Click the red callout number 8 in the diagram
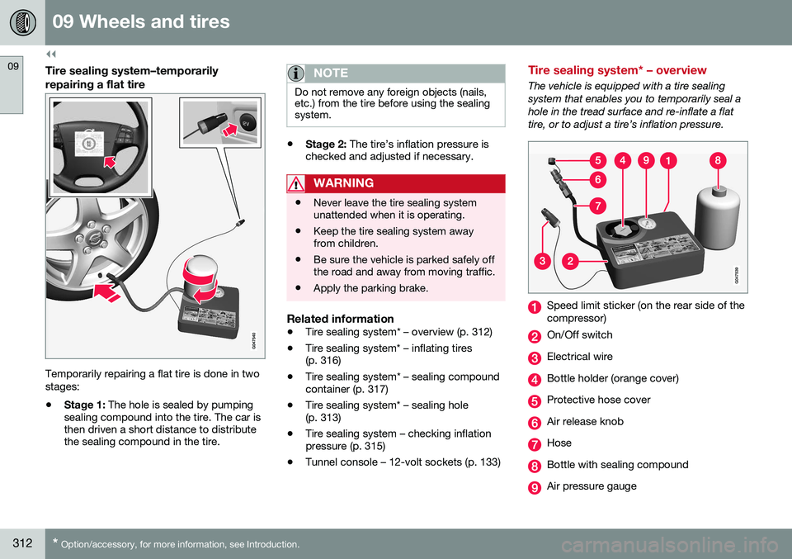[x=719, y=162]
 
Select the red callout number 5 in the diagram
[x=596, y=162]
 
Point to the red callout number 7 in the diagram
[x=596, y=204]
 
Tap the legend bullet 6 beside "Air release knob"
[x=535, y=422]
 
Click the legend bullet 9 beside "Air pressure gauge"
[x=535, y=486]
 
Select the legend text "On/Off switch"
[x=579, y=335]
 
